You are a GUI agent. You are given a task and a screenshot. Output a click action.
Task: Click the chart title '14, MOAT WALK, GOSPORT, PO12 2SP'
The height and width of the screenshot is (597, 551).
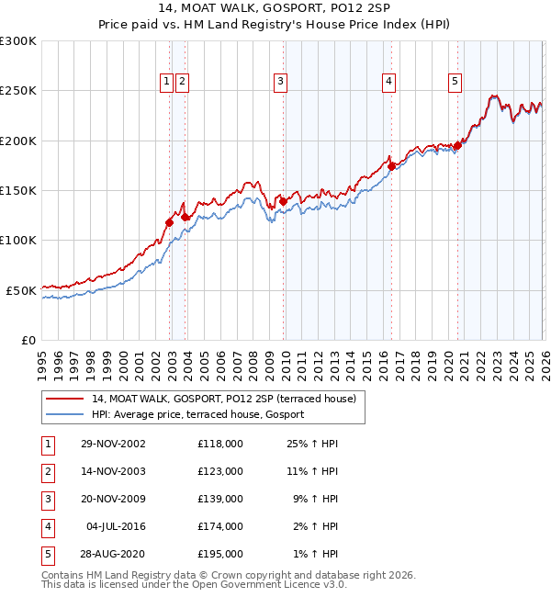pyautogui.click(x=275, y=10)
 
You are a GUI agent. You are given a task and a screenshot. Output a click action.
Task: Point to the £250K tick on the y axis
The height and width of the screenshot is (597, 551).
pyautogui.click(x=18, y=91)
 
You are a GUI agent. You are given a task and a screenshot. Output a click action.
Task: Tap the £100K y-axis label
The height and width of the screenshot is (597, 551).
pyautogui.click(x=18, y=240)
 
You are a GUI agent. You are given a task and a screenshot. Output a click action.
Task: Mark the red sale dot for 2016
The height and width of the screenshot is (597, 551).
pyautogui.click(x=390, y=167)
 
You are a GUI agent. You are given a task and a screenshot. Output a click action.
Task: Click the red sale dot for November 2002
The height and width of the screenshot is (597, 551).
pyautogui.click(x=170, y=222)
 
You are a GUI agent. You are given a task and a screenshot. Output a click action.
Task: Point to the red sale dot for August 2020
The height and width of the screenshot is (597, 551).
pyautogui.click(x=457, y=146)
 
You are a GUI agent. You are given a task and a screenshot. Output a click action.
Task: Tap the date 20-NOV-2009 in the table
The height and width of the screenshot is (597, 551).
pyautogui.click(x=113, y=499)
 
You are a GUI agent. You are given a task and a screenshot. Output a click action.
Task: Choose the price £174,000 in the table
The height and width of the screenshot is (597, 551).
pyautogui.click(x=220, y=526)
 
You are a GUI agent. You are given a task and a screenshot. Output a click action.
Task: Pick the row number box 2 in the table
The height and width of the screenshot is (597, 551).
pyautogui.click(x=47, y=471)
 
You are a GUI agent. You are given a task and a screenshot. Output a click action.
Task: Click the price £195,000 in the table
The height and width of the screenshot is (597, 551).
pyautogui.click(x=220, y=554)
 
